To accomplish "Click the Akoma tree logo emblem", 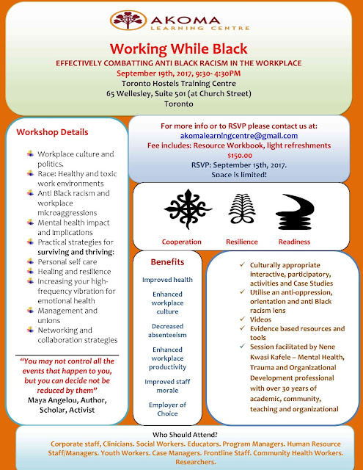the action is (128, 20).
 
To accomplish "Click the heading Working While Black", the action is (179, 48).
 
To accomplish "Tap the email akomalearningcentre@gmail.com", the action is (239, 136).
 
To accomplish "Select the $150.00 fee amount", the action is (240, 156).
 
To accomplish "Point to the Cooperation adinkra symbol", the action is (188, 209).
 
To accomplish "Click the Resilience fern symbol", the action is (242, 209).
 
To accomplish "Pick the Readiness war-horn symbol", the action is (295, 211).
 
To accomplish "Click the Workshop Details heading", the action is (52, 132).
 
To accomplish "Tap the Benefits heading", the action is (167, 262).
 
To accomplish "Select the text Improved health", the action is (167, 280).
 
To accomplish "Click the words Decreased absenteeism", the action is (167, 330).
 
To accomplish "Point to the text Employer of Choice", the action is (167, 409).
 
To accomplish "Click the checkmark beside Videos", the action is (243, 319).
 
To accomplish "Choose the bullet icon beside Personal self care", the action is (30, 261).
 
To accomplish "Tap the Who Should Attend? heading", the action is (185, 435).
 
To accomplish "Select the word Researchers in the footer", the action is (195, 462).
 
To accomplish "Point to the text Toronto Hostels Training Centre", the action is (179, 83).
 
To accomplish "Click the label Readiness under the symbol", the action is (294, 242).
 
